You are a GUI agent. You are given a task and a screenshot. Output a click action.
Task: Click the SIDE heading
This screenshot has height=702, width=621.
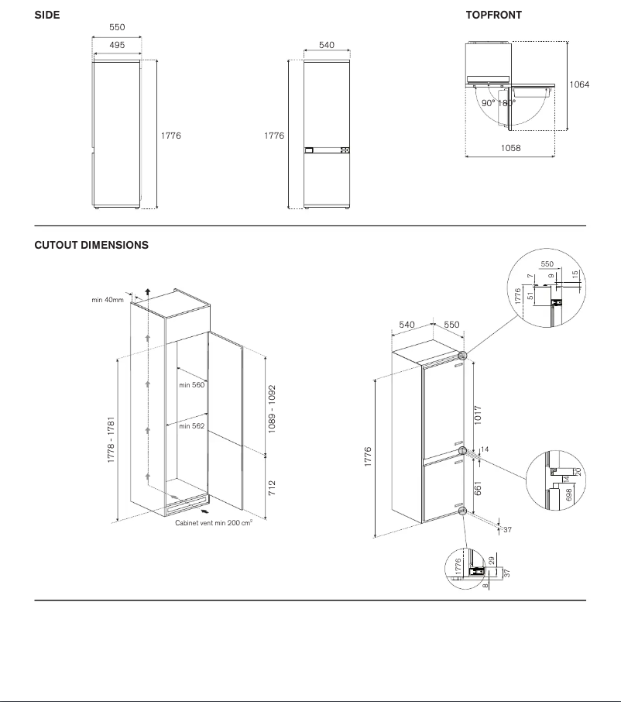click(46, 15)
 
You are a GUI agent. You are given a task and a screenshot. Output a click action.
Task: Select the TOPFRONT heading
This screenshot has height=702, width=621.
click(493, 15)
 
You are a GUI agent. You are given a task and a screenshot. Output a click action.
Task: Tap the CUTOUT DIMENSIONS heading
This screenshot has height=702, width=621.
click(91, 245)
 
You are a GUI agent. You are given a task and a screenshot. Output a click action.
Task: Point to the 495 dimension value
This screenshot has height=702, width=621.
click(116, 46)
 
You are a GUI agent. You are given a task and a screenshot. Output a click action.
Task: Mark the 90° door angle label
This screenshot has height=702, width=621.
click(488, 103)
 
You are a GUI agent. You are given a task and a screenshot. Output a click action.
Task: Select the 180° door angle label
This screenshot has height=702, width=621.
click(506, 103)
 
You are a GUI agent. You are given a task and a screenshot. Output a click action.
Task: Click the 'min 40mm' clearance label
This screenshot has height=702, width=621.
click(107, 300)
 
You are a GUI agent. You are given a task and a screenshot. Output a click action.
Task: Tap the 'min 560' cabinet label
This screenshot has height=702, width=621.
click(191, 384)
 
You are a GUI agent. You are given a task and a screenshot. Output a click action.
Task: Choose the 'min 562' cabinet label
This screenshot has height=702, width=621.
click(191, 426)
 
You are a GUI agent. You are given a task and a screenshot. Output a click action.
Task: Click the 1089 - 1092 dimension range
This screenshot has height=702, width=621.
click(272, 409)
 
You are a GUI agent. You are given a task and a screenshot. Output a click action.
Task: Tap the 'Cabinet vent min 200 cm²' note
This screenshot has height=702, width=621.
click(214, 523)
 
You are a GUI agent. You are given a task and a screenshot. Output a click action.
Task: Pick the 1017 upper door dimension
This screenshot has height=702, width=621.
click(478, 413)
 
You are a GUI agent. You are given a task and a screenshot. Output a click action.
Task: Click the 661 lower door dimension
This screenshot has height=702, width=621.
click(478, 487)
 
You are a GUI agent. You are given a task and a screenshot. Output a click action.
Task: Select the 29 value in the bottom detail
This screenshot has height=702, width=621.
click(492, 560)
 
